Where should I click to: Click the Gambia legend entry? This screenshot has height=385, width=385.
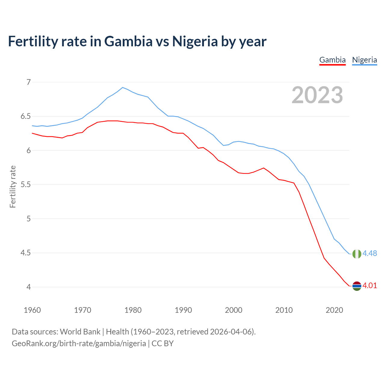(332, 60)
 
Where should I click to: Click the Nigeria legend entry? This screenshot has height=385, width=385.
(364, 60)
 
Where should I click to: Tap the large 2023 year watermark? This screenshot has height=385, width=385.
(317, 95)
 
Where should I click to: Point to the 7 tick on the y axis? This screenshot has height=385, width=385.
(29, 82)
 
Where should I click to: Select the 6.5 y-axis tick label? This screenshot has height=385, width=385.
(26, 116)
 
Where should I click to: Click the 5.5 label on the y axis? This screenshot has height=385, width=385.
(26, 185)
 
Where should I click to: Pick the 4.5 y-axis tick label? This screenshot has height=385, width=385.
(26, 253)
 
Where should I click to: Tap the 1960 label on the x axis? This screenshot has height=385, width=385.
(32, 310)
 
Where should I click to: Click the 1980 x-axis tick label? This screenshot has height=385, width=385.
(133, 310)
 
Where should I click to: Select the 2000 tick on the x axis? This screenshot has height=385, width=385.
(233, 310)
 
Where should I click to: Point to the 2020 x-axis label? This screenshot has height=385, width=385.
(334, 310)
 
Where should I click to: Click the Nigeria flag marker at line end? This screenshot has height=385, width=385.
(357, 254)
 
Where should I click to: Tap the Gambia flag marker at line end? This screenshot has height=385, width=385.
(357, 286)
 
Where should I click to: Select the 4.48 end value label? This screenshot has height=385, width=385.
(370, 254)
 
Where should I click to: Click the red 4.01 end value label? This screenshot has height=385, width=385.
(370, 286)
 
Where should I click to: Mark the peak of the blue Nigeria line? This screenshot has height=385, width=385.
(122, 88)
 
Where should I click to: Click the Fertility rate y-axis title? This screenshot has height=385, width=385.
(13, 186)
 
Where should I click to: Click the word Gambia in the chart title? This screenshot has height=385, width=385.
(128, 42)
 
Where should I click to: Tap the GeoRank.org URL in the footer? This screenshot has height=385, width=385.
(79, 343)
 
